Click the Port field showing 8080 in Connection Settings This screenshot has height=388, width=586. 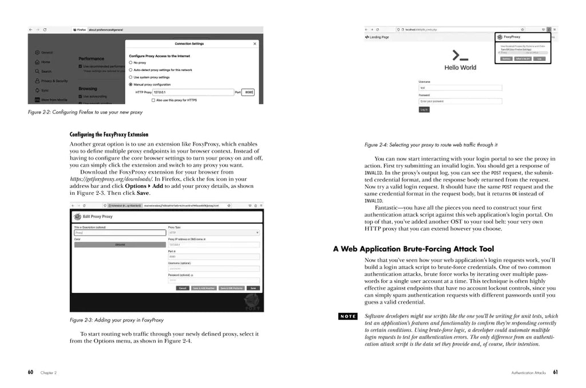248,92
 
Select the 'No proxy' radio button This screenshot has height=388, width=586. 130,62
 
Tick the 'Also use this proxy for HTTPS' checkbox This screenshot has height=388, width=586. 153,100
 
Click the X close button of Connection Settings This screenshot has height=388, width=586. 254,44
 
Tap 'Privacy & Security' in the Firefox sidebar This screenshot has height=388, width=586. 54,81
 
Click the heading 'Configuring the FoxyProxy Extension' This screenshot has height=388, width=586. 109,135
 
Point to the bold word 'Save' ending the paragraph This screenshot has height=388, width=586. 142,193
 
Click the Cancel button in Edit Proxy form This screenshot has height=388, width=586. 183,288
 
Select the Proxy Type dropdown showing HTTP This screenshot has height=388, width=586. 213,233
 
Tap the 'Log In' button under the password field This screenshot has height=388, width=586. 424,109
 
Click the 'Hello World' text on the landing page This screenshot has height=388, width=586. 460,68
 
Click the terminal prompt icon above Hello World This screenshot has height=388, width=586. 460,56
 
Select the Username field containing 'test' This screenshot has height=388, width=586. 460,88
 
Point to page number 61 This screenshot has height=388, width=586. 555,372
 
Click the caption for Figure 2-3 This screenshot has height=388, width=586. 116,320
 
